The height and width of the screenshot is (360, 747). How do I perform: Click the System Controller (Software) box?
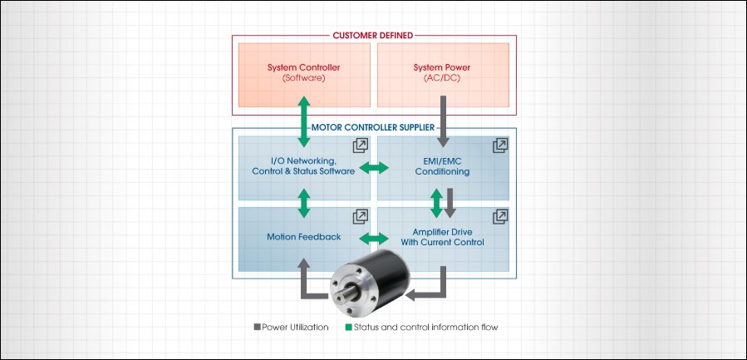pos(305,73)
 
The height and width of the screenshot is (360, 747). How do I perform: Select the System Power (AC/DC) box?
pos(442,73)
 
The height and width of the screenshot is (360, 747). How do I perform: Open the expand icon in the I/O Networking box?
pos(361,145)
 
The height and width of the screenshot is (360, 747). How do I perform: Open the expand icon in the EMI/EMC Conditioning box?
pos(499,145)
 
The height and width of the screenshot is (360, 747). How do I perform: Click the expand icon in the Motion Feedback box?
pos(361,216)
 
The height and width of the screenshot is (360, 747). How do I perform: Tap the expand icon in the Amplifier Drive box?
pos(499,216)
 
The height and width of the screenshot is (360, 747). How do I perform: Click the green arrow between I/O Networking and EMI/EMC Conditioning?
pos(373,169)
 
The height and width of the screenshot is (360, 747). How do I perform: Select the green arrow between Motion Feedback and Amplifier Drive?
pos(373,239)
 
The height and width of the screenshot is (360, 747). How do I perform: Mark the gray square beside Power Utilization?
pos(257,327)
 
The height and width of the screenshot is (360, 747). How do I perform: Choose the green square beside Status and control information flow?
pos(348,327)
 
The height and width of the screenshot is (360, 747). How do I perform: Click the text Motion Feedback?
pos(303,237)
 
